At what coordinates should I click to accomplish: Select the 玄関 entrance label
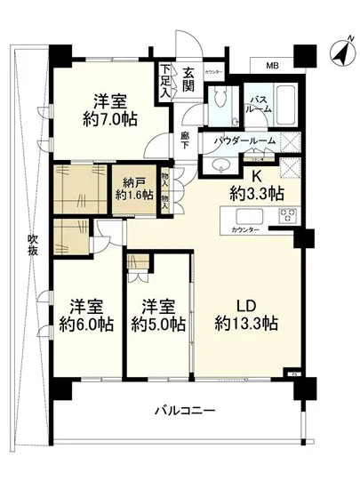189,80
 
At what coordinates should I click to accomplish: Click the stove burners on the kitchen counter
289,215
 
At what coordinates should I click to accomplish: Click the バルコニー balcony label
185,410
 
